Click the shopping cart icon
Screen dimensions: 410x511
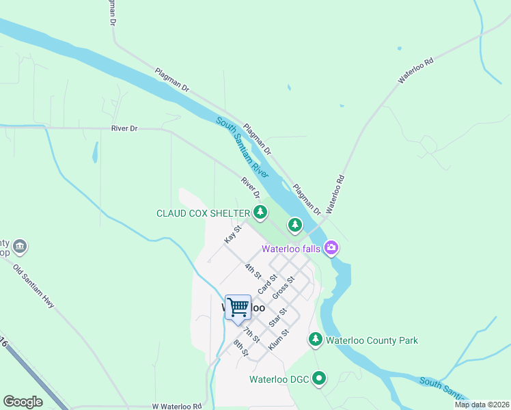[238, 307]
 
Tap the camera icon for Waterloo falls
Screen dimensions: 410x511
[331, 247]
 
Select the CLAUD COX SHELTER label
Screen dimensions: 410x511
[203, 213]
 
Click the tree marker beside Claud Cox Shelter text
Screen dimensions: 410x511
[260, 213]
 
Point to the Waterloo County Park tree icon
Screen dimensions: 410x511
[315, 339]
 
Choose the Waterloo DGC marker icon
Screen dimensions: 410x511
[320, 378]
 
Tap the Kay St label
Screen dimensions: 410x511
[233, 235]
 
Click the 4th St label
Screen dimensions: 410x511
[253, 271]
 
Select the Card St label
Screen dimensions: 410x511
[267, 284]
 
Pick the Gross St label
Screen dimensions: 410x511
[283, 288]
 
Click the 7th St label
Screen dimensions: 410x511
[251, 333]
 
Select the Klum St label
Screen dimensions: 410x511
[279, 341]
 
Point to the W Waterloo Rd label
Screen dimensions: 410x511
[177, 406]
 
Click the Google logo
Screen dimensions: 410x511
[23, 402]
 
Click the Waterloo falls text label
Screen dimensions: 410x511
[294, 249]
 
